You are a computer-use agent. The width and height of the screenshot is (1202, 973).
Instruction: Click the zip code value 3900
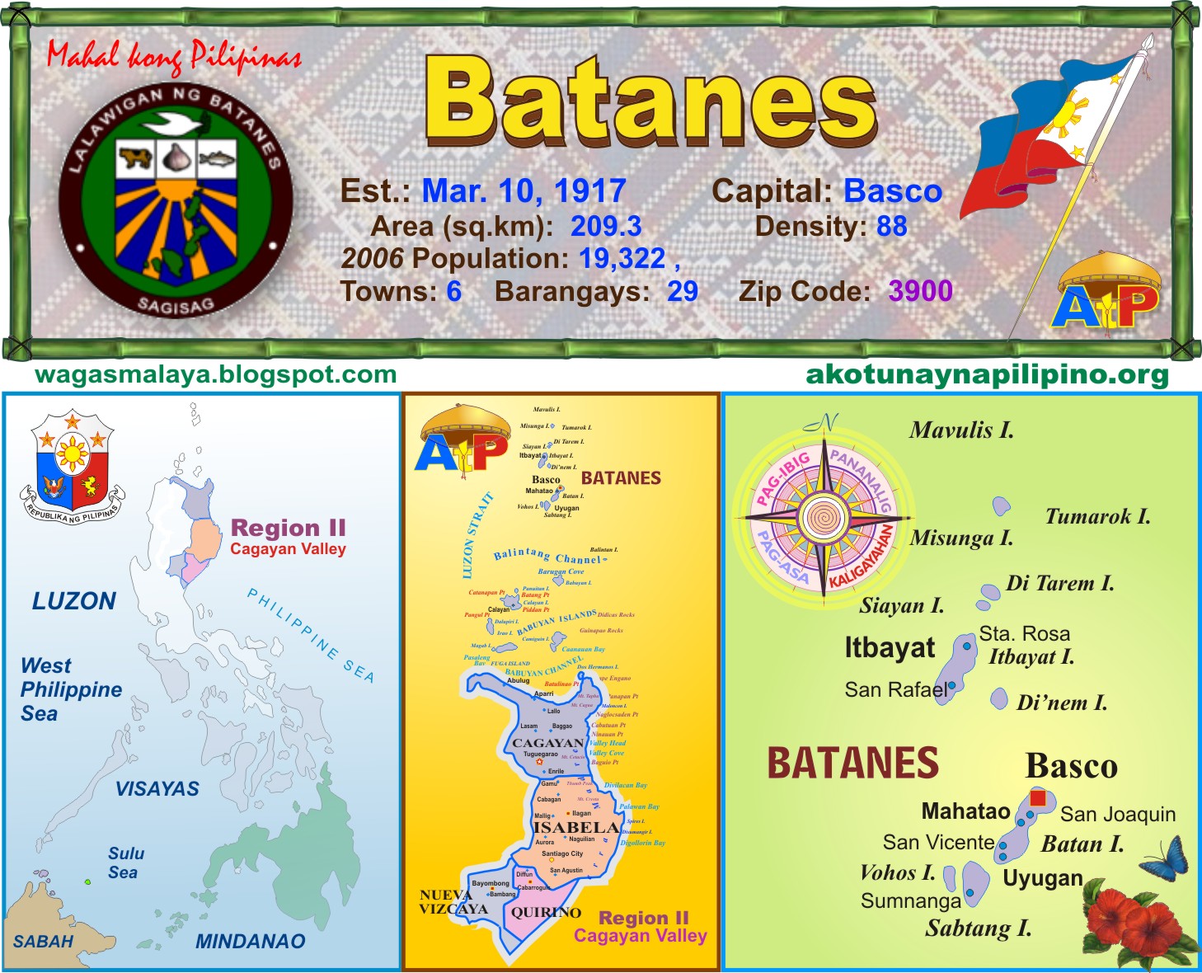pos(920,291)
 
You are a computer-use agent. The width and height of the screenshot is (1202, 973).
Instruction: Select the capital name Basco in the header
pos(893,191)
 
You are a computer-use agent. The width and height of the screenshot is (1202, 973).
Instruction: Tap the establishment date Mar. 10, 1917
pos(524,191)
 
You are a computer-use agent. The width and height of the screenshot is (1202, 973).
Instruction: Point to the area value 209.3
pos(606,226)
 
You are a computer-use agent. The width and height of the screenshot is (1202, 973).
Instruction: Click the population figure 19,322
pos(622,259)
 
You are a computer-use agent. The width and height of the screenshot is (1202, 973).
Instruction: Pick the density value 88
pos(892,226)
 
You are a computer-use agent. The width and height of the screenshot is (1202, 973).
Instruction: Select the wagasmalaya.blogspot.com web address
pos(216,375)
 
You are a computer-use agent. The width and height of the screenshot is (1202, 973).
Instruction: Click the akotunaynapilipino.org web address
pos(987,375)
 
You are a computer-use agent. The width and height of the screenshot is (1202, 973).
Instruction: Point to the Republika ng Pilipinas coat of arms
pos(73,466)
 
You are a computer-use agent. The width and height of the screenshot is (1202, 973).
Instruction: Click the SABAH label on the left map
pos(43,941)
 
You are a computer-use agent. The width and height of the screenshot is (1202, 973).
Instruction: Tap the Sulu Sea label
pos(125,863)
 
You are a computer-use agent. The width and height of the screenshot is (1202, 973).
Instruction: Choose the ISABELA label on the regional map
pos(575,827)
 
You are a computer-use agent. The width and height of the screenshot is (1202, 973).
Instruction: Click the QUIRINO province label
pos(546,913)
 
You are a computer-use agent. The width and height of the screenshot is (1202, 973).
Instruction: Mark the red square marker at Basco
pos(1038,798)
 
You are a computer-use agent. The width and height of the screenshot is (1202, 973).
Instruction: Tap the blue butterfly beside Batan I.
pos(1165,858)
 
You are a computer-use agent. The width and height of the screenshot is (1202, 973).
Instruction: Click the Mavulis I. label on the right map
pos(961,430)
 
